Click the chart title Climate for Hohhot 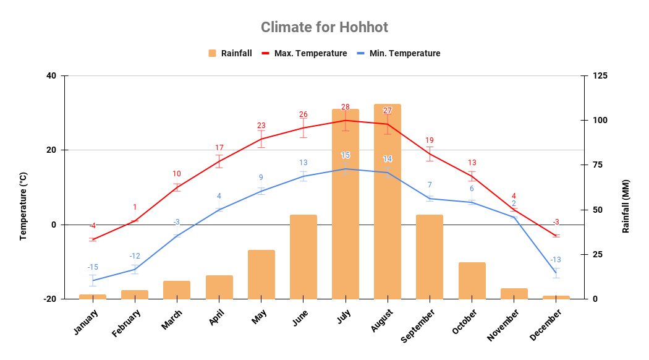pyautogui.click(x=324, y=27)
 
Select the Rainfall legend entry pyautogui.click(x=230, y=53)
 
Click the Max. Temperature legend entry pyautogui.click(x=304, y=53)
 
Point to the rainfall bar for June pyautogui.click(x=303, y=257)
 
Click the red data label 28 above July pyautogui.click(x=346, y=107)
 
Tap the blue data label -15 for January pyautogui.click(x=93, y=267)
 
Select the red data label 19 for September pyautogui.click(x=430, y=140)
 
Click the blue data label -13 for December pyautogui.click(x=556, y=260)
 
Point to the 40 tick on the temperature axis pyautogui.click(x=51, y=76)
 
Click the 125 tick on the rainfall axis pyautogui.click(x=600, y=76)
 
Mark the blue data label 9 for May pyautogui.click(x=261, y=178)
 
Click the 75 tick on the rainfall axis pyautogui.click(x=598, y=165)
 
